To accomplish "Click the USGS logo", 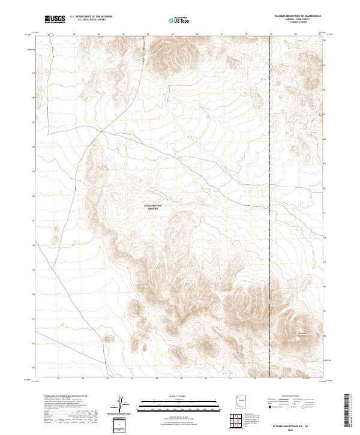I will tap(55, 19).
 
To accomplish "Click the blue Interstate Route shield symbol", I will tap(271, 406).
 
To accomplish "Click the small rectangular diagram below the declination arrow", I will tap(121, 423).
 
